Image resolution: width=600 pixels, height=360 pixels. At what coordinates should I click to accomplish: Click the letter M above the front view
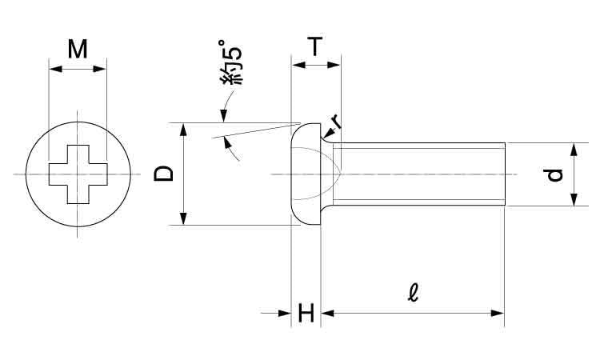tap(78, 49)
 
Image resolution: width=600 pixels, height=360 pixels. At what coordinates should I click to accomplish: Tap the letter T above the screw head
tap(315, 46)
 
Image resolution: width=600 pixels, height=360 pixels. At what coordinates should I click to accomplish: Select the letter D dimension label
tap(163, 174)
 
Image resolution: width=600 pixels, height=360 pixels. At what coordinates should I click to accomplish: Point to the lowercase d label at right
tap(554, 175)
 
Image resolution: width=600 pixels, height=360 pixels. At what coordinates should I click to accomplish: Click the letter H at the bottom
tap(306, 313)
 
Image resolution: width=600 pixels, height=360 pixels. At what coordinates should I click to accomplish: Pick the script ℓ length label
tap(414, 293)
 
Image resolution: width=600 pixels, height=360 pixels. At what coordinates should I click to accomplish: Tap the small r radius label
tap(337, 122)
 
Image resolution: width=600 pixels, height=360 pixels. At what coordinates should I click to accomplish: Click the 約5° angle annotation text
tap(230, 62)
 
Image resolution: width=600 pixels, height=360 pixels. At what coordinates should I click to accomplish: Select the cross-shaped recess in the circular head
tap(78, 174)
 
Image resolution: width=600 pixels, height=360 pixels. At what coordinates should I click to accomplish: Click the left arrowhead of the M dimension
tap(55, 69)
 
